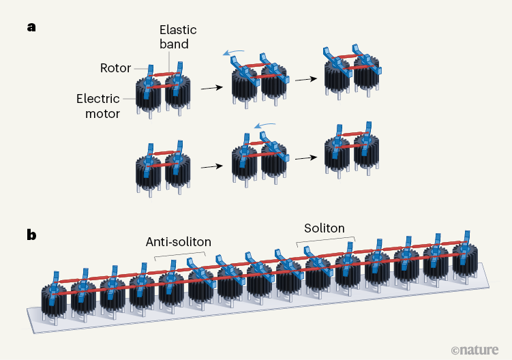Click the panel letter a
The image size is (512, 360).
31,28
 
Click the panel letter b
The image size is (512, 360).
31,235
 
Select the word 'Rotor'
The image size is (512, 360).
115,67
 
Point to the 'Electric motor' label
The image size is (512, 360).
98,105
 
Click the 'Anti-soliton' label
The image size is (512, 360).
179,241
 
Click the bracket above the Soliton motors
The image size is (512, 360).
325,240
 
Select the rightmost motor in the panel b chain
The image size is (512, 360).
465,258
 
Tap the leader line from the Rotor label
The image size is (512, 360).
139,68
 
